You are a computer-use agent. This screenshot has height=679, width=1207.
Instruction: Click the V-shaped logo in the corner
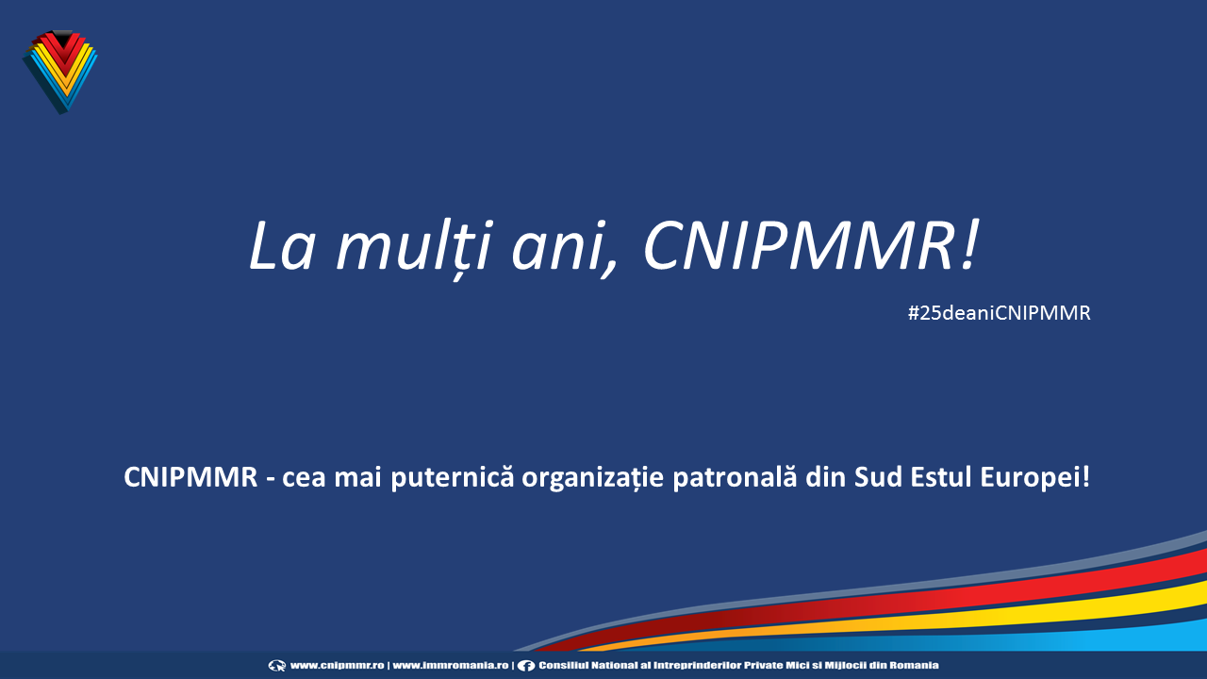click(60, 72)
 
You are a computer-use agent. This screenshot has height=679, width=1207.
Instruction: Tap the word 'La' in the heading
click(281, 246)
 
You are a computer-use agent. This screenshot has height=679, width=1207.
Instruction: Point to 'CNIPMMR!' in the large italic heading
click(810, 245)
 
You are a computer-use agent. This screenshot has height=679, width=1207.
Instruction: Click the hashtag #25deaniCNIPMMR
click(999, 313)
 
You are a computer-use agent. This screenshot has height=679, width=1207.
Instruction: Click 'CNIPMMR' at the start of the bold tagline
click(190, 477)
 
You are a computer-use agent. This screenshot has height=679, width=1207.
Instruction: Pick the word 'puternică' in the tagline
click(452, 478)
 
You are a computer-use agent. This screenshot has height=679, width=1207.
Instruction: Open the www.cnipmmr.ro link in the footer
click(338, 666)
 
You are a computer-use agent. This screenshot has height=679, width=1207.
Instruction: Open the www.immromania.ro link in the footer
click(451, 666)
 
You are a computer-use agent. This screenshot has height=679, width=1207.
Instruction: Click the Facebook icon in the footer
click(526, 666)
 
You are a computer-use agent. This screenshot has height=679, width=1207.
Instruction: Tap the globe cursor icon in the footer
click(277, 666)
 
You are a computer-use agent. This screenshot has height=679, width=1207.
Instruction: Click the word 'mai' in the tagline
click(357, 478)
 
